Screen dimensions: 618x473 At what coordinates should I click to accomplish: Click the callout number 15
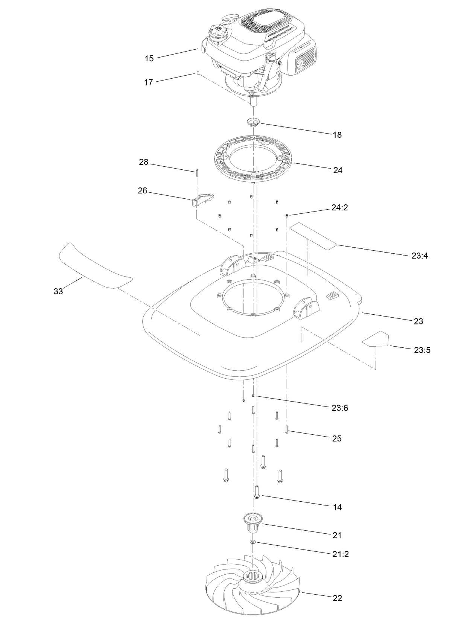point(149,58)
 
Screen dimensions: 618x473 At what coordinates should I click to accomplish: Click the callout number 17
point(149,82)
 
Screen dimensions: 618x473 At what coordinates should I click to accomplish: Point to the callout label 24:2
point(339,207)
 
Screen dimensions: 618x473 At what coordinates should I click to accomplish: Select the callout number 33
point(58,291)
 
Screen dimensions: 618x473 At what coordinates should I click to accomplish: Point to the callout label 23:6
point(340,408)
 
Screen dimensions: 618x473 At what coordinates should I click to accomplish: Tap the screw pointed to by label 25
point(287,429)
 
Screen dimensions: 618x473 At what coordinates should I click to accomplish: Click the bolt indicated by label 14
point(257,491)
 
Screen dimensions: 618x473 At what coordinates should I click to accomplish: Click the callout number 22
point(338,598)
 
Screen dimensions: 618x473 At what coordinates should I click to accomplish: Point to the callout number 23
point(418,321)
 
